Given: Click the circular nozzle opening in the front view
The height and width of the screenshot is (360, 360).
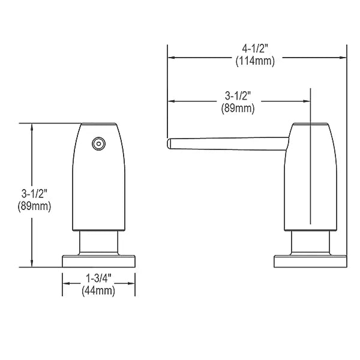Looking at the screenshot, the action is click(98, 144).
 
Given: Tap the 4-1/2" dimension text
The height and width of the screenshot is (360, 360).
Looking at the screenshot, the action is click(255, 49).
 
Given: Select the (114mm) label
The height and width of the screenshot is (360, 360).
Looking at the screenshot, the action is click(255, 61).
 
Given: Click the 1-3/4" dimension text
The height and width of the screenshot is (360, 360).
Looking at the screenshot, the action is click(98, 278).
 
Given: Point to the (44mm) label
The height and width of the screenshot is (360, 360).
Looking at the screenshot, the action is click(98, 291).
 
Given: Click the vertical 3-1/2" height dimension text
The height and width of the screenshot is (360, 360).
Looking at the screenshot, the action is click(34, 194).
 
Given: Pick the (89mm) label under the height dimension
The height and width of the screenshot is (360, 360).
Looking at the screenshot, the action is click(34, 206).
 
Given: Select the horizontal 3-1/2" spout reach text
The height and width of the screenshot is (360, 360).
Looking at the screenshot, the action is click(238, 96).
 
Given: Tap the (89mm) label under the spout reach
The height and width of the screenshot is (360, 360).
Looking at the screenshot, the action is click(238, 108).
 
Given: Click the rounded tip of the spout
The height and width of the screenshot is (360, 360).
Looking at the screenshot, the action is click(169, 143).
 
